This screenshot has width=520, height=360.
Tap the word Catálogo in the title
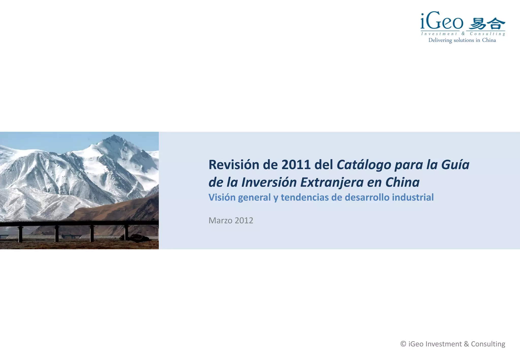click(x=364, y=165)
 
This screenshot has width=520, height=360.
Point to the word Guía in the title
click(x=455, y=165)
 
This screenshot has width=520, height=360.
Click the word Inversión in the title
click(x=269, y=182)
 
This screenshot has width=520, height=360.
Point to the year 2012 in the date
click(x=244, y=220)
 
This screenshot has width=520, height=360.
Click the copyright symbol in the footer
click(x=403, y=344)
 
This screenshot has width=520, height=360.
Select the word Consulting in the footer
click(x=488, y=344)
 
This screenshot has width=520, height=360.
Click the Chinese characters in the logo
click(x=487, y=24)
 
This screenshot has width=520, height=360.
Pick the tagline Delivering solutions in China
click(x=462, y=40)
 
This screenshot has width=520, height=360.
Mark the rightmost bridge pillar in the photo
click(x=126, y=232)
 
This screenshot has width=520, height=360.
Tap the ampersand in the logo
click(x=463, y=34)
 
